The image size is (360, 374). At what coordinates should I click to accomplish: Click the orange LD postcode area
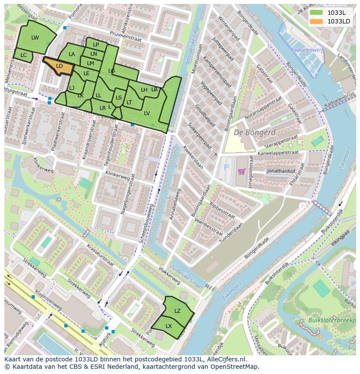click(x=60, y=66)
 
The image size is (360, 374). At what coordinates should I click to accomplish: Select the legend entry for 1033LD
click(x=338, y=21)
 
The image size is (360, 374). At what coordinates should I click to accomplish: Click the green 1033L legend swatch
click(x=316, y=13)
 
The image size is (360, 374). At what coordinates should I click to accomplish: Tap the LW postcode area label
click(x=35, y=38)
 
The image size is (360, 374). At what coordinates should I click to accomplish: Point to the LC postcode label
click(x=23, y=55)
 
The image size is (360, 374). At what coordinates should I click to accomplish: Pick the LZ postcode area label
click(x=177, y=311)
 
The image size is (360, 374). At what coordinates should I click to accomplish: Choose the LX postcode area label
click(x=169, y=326)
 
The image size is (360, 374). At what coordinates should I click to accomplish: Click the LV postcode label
click(x=147, y=113)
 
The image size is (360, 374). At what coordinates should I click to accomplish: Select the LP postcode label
click(x=96, y=45)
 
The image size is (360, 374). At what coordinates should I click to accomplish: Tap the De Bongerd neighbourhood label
click(x=254, y=132)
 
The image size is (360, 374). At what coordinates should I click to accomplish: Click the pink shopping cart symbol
click(x=241, y=171)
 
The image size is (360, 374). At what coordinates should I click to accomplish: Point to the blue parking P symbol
click(x=225, y=167)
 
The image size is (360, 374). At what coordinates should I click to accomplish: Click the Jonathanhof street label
click(x=281, y=171)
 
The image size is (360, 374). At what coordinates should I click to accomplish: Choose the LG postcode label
click(x=112, y=71)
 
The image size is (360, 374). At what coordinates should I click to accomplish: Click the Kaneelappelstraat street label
click(x=278, y=153)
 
